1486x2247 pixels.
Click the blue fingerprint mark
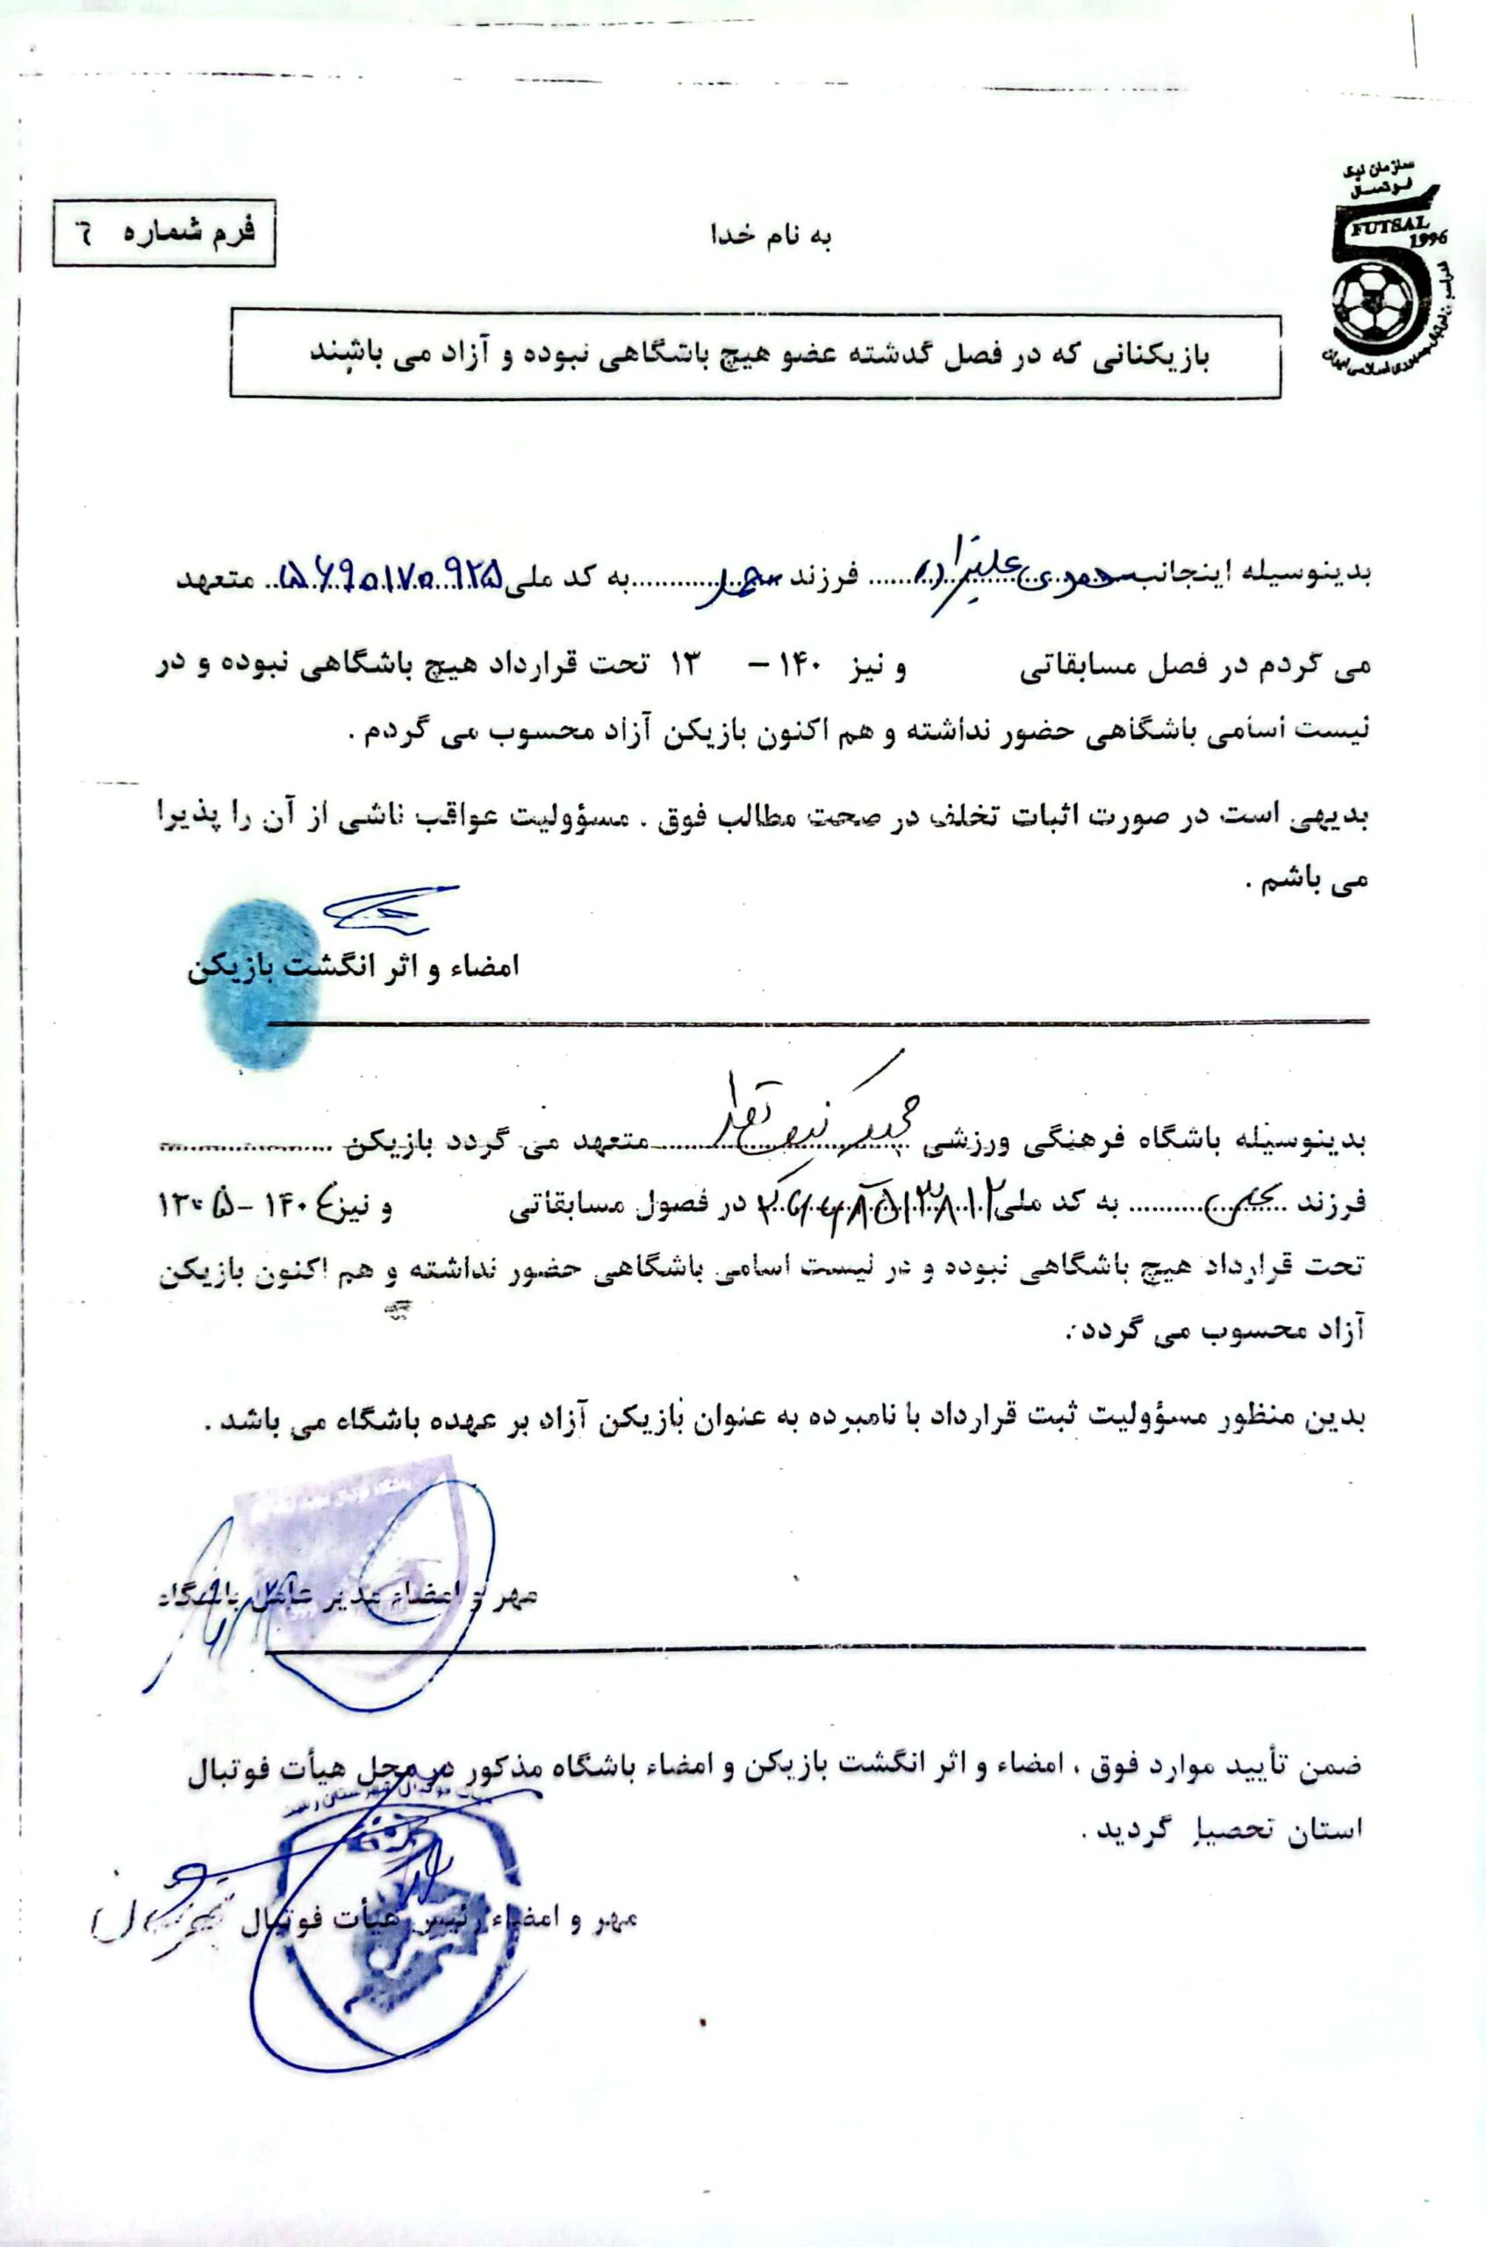pyautogui.click(x=264, y=987)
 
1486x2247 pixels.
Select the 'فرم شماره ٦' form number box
pyautogui.click(x=164, y=233)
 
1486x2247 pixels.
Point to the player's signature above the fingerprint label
pyautogui.click(x=384, y=908)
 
